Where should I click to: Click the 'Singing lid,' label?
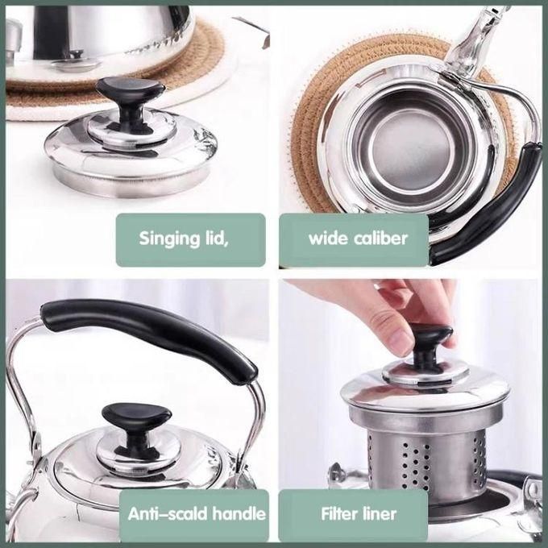coord(191,239)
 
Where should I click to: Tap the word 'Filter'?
coord(338,513)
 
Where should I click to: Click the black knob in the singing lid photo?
coord(129,95)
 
